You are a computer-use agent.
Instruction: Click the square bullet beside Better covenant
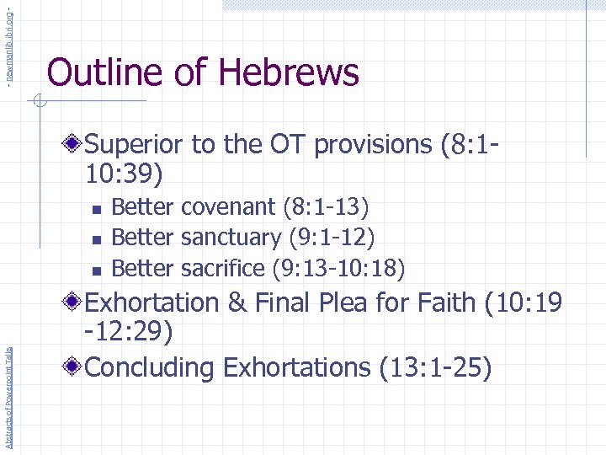tap(96, 207)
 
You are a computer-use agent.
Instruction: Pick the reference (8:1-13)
tap(327, 206)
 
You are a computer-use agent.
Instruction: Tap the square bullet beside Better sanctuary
tap(96, 238)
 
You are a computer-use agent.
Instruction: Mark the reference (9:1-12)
tap(332, 238)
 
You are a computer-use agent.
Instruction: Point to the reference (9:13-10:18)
tap(338, 269)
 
